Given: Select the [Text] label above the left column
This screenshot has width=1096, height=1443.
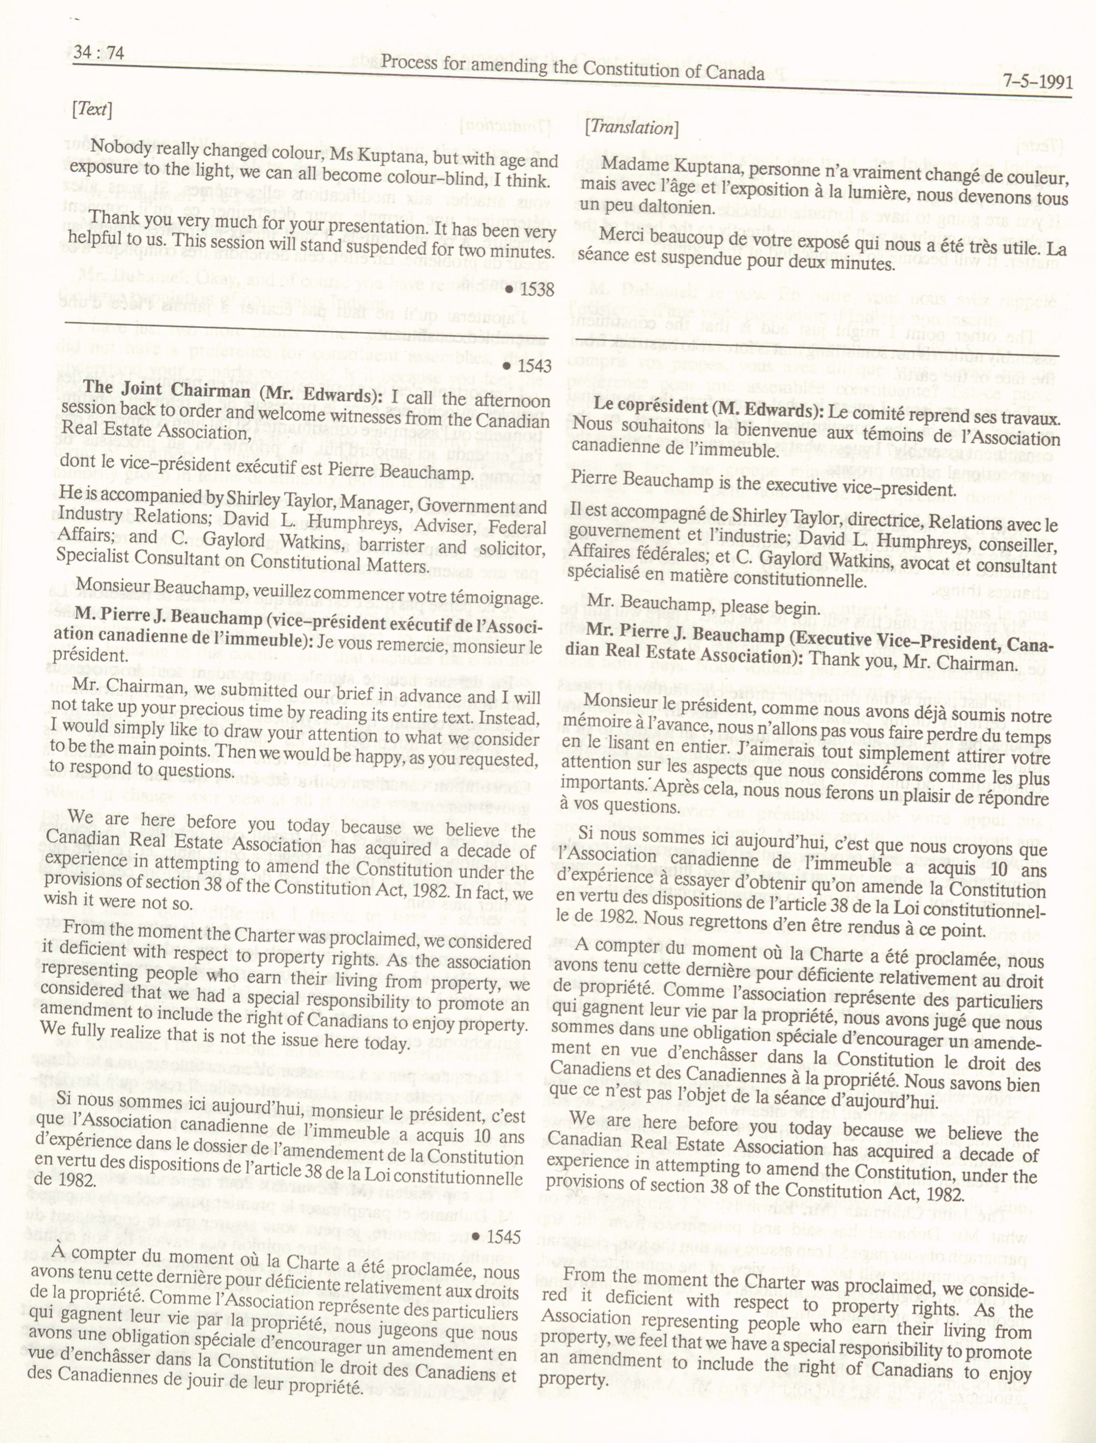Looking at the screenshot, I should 92,109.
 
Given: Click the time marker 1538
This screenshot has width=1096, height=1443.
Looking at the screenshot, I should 531,289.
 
